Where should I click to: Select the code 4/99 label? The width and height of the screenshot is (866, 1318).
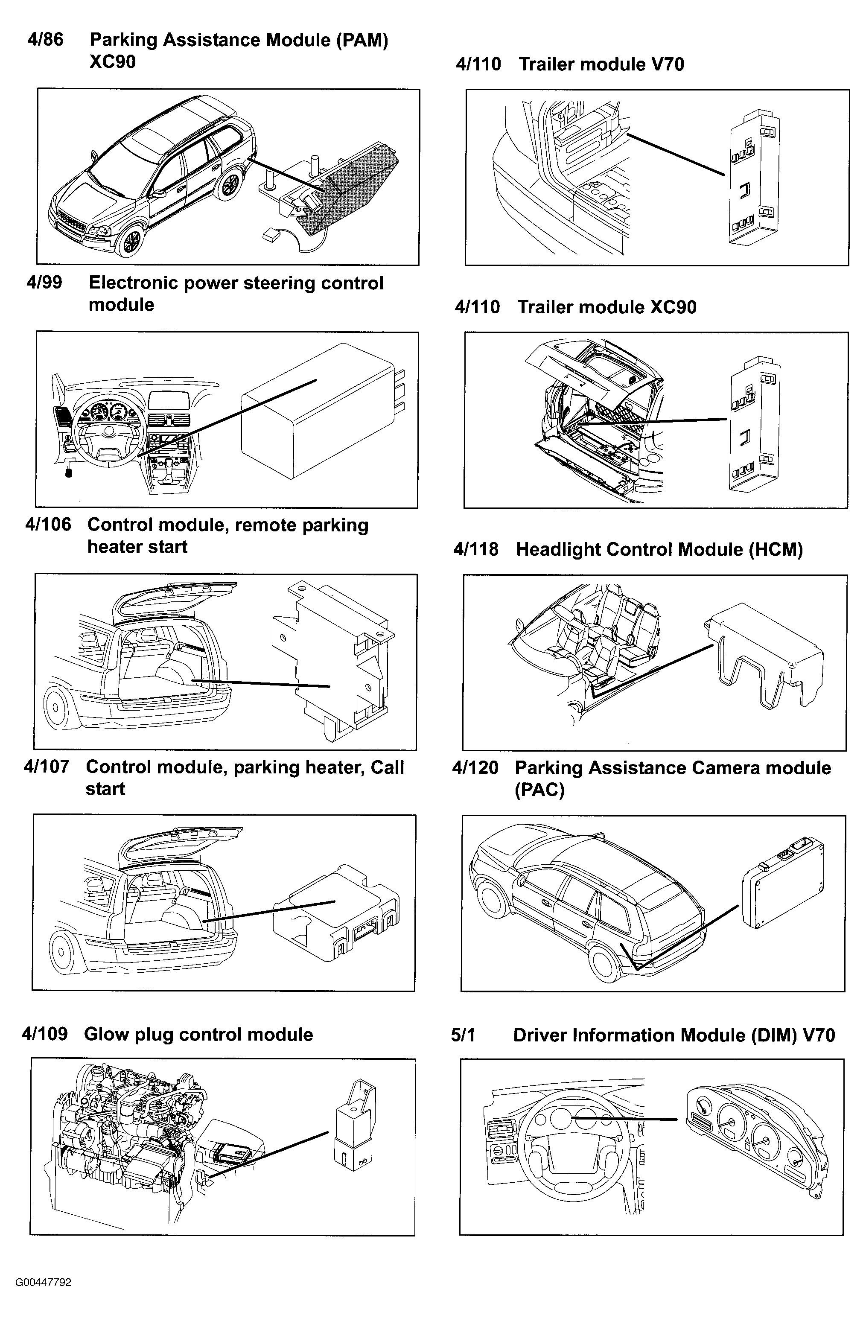[x=44, y=283]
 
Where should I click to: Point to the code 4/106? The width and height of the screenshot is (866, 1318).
[x=48, y=525]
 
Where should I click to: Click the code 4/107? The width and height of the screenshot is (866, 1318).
[x=47, y=767]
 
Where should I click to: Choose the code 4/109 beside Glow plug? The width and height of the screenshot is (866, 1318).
[x=45, y=1034]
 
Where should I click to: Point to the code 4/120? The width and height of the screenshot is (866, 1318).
[x=475, y=767]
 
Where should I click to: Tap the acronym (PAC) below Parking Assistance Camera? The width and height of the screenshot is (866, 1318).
[x=539, y=789]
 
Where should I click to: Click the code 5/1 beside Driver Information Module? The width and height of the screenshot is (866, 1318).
[x=463, y=1035]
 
